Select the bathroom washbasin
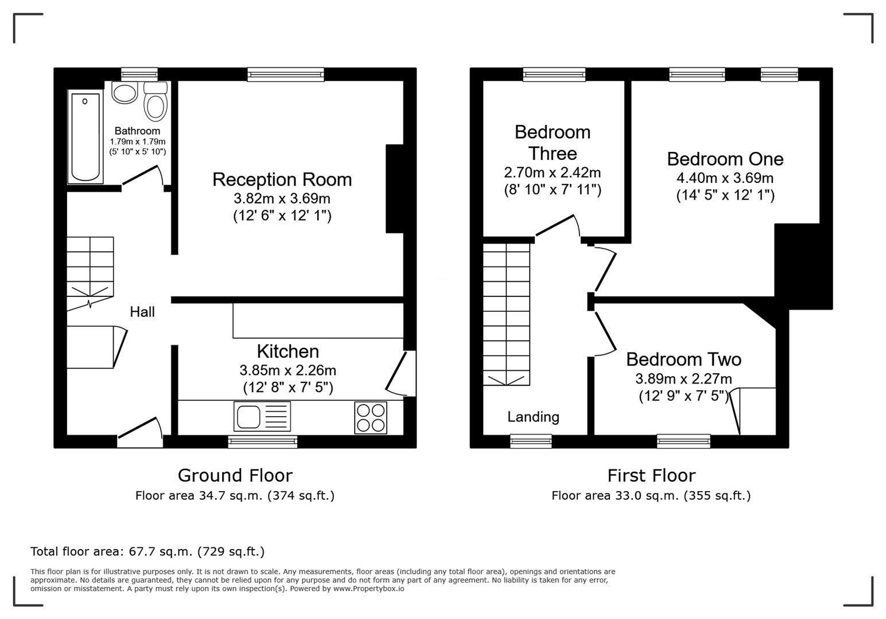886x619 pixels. coord(125,93)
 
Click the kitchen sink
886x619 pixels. coord(262,416)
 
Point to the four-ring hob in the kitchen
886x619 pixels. coord(371,417)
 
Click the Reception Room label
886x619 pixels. coord(282,179)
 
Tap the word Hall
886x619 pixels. coord(142,312)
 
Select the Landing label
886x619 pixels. coord(533,417)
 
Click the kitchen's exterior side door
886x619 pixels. coord(400,373)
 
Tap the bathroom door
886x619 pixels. coord(141,175)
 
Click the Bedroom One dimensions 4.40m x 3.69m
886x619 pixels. coord(725,178)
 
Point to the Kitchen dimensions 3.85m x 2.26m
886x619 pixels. coord(287,370)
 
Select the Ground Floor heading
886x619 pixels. coord(235,475)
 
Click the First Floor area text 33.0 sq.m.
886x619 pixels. coord(651,496)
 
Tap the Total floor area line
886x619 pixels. coord(147,551)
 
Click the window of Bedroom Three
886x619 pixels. coord(554,74)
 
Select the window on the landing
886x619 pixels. coord(531,441)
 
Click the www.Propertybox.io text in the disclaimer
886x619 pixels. coord(368,589)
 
